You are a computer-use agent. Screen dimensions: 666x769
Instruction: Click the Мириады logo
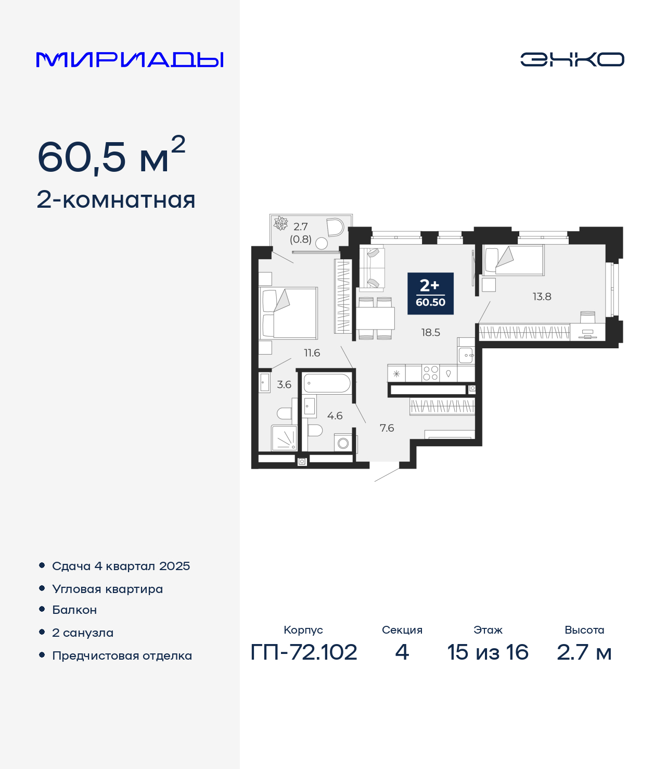click(130, 60)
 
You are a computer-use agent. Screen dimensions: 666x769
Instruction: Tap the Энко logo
click(572, 59)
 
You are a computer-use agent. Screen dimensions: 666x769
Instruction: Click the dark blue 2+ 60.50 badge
click(430, 294)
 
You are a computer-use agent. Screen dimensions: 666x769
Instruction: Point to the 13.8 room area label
click(542, 297)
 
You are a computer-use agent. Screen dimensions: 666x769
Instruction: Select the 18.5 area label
click(431, 332)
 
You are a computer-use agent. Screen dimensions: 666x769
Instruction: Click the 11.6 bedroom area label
click(312, 352)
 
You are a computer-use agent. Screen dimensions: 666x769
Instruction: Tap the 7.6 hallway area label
click(387, 428)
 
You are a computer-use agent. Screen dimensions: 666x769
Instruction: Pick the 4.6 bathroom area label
click(335, 415)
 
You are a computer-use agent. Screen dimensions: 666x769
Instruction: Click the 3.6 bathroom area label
click(284, 384)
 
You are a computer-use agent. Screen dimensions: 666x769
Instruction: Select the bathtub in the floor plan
click(327, 383)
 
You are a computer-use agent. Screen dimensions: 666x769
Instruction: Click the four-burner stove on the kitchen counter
click(430, 373)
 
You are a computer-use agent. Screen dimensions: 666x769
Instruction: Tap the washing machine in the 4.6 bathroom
click(343, 443)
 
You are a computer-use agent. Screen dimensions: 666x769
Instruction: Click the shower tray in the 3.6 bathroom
click(284, 438)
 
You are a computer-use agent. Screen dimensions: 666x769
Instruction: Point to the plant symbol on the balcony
click(281, 223)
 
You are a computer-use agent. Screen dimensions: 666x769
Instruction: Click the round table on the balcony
click(321, 244)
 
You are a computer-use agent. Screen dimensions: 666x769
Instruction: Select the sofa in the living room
click(372, 268)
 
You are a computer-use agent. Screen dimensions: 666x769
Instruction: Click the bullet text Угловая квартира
click(108, 589)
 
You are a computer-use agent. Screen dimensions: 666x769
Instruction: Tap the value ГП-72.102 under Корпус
click(304, 652)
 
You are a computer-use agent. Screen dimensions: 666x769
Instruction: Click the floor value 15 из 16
click(488, 652)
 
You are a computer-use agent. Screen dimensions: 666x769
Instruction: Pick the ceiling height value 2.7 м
click(584, 652)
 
